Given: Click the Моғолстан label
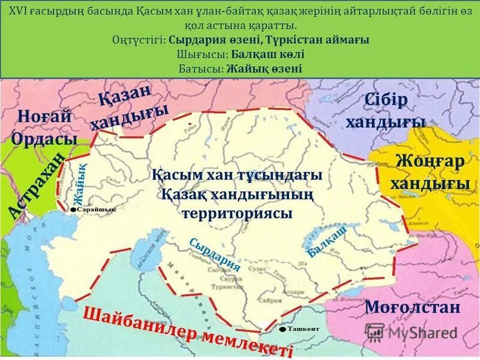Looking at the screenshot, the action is coord(413,308).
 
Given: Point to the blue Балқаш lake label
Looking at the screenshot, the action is coord(328,242).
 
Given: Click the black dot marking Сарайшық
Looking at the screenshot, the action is coord(73,210).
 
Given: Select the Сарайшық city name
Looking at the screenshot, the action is coord(96,209).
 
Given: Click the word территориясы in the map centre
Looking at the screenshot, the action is coord(238,213).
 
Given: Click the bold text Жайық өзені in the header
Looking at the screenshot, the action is coord(265,68).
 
